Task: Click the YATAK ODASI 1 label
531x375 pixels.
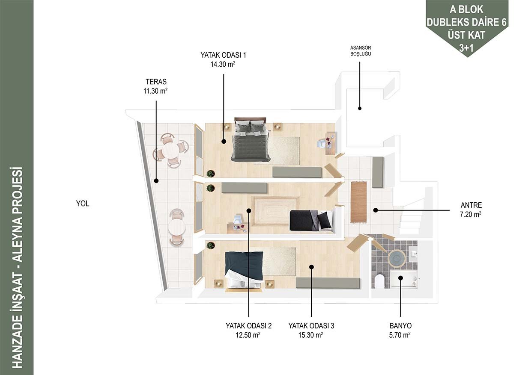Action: pos(223,60)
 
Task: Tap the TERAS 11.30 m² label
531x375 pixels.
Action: pos(156,86)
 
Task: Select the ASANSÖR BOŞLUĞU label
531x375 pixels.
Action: pos(361,51)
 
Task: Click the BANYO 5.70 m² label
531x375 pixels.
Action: pos(400,330)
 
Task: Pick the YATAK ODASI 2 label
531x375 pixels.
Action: pos(248,330)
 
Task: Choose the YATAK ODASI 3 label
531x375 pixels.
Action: pos(311,330)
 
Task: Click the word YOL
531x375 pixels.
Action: pos(83,204)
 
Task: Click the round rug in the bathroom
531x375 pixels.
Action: pos(397,258)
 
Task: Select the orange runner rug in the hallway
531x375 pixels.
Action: pos(359,202)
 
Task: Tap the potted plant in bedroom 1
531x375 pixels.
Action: pos(211,174)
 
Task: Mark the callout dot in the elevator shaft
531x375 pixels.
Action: pos(360,109)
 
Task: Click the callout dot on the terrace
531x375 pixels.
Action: pos(156,181)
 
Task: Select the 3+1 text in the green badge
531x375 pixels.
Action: pos(466,48)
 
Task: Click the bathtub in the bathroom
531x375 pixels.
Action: pos(403,280)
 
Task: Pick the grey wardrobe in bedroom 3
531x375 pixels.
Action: pos(328,283)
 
